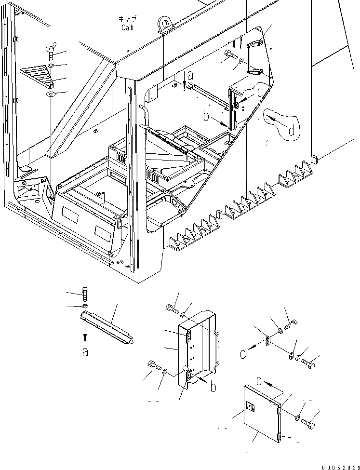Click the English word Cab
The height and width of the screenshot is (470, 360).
click(128, 27)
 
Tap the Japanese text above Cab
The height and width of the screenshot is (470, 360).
click(128, 19)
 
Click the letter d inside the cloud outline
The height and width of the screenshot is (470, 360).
click(291, 131)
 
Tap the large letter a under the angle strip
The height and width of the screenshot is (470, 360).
click(85, 352)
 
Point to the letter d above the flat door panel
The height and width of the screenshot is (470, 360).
click(260, 381)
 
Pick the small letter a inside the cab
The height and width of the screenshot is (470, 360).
click(190, 75)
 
